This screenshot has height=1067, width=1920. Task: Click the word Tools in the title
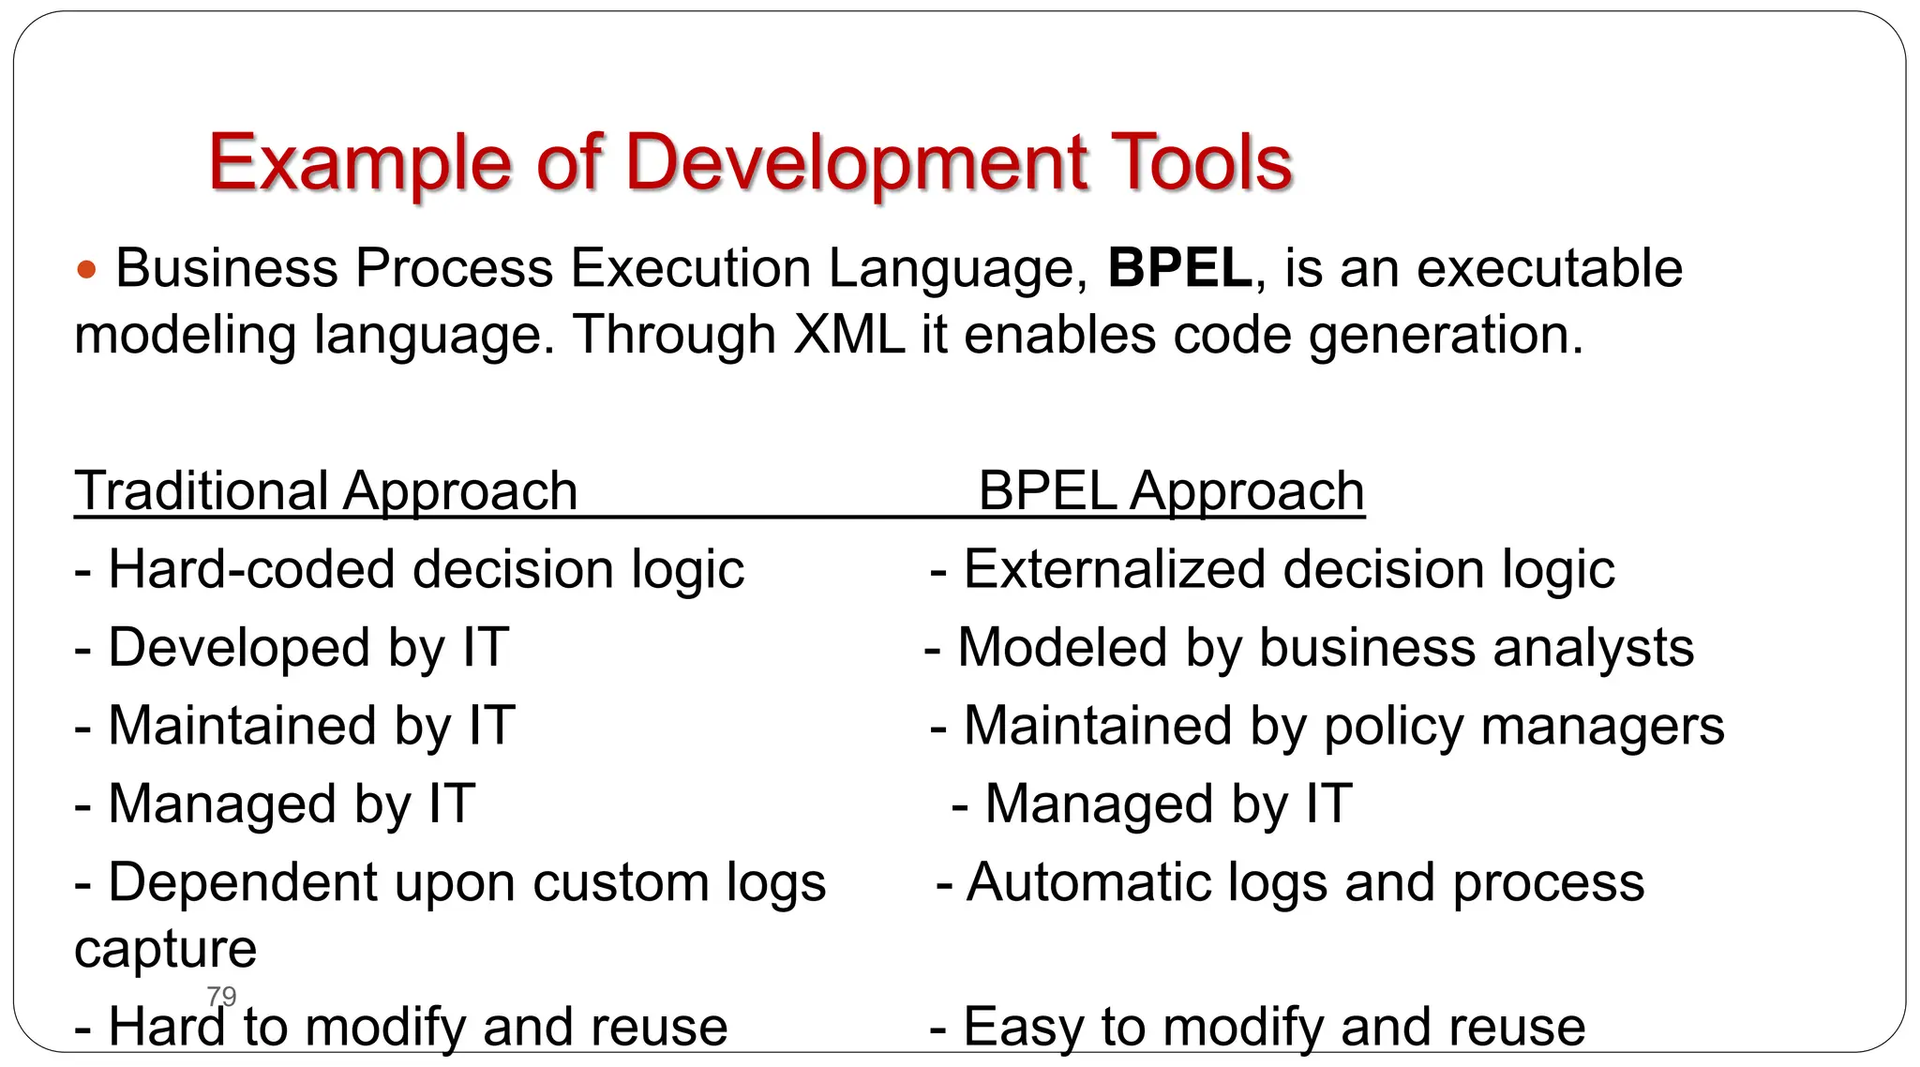1201,162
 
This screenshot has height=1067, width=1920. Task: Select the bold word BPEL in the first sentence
1179,268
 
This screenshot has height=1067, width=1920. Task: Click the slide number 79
221,996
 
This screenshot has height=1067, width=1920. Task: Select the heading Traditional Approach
325,491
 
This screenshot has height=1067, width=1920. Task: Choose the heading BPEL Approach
1171,491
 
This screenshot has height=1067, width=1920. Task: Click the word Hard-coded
251,570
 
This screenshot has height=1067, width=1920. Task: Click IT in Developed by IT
485,648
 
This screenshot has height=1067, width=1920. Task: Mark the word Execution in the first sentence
690,268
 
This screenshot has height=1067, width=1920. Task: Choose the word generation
1446,335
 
